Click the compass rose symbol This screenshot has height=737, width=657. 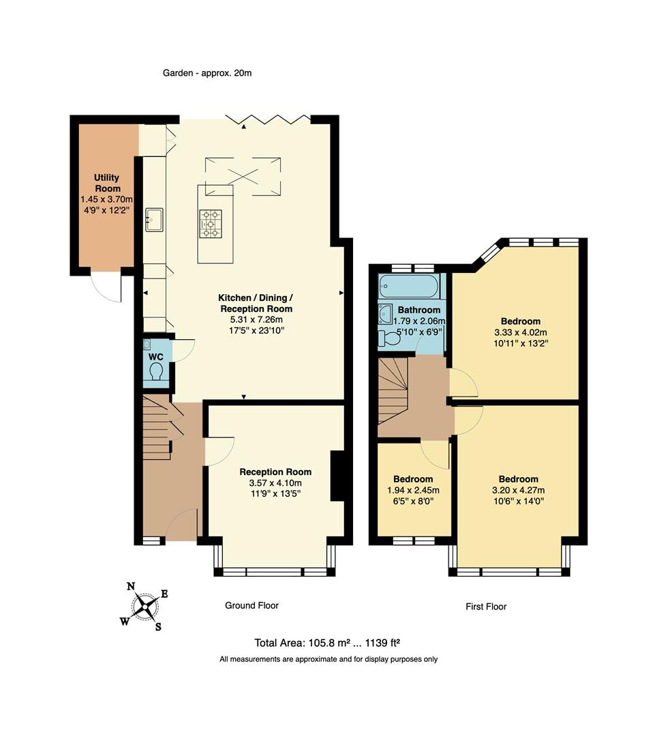click(x=144, y=606)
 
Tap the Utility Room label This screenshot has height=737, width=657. click(x=107, y=183)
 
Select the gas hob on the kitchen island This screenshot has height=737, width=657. click(x=211, y=223)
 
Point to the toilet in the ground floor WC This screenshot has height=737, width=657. click(x=155, y=371)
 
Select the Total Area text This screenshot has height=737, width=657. click(x=326, y=642)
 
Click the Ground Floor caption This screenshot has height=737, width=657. click(x=251, y=605)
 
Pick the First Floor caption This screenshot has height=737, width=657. click(x=486, y=607)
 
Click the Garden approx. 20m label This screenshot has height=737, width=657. click(x=207, y=72)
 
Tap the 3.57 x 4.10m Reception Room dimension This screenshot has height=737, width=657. click(x=275, y=483)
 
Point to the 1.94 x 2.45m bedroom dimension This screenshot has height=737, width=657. click(x=413, y=490)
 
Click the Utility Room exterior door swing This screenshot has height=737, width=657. click(x=107, y=287)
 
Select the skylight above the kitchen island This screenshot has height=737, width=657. click(x=243, y=170)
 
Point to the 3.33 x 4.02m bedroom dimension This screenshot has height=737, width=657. click(x=520, y=332)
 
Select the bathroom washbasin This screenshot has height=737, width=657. click(x=386, y=314)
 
